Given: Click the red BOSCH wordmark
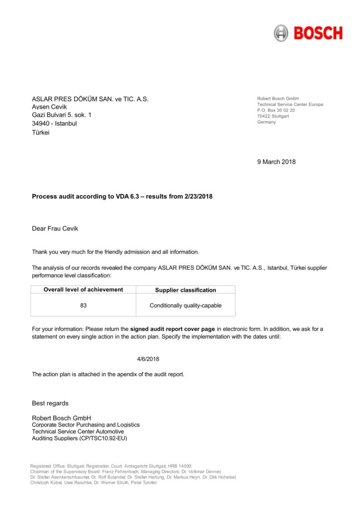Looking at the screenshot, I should click(x=318, y=33).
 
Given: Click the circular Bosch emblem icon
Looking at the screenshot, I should click(x=281, y=33).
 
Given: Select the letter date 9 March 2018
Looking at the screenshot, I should click(x=276, y=162).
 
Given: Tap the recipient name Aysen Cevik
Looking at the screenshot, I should click(x=49, y=107).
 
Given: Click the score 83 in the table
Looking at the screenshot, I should click(x=83, y=305).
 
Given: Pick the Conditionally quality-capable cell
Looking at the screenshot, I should click(x=185, y=305).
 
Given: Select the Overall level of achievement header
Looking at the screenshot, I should click(x=83, y=290).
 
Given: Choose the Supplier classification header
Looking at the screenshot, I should click(x=185, y=290).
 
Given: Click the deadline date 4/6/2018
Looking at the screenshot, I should click(x=148, y=358).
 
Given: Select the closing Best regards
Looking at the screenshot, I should click(x=50, y=403).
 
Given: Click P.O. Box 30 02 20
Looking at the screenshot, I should click(x=276, y=110).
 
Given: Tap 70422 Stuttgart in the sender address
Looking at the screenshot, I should click(x=273, y=116).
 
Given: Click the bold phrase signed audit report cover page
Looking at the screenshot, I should click(x=173, y=329).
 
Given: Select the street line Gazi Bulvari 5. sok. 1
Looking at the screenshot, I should click(x=62, y=115).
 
